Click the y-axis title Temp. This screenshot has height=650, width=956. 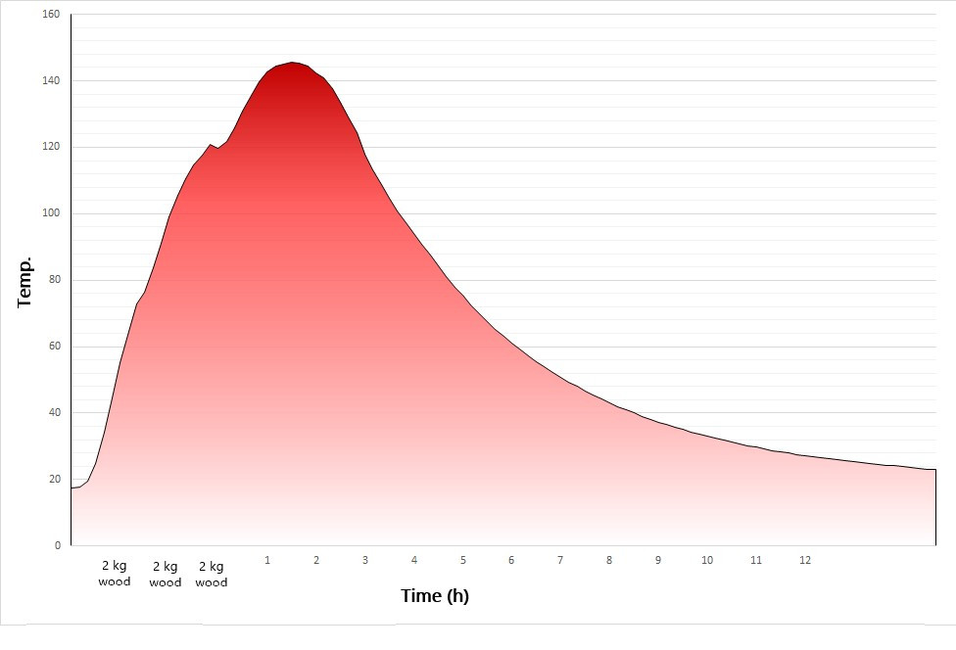pos(25,283)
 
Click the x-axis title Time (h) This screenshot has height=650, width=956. pos(435,595)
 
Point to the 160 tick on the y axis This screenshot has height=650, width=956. pos(51,15)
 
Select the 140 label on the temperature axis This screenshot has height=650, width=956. pos(51,81)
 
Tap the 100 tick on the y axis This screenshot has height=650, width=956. pos(51,213)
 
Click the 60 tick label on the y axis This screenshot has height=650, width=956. pos(54,347)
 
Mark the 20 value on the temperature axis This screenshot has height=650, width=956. pos(54,479)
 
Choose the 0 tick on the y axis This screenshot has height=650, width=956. pos(57,545)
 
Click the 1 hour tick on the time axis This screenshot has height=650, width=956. pos(267,560)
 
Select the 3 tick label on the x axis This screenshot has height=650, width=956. pos(365,560)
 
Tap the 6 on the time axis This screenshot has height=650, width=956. pos(511,560)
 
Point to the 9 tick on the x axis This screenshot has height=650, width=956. pos(658,560)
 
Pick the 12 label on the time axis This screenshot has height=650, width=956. pos(805,560)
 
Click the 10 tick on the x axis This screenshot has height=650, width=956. pos(707,560)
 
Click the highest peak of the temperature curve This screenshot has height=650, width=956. pos(292,63)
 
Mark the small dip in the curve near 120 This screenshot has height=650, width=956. pos(218,148)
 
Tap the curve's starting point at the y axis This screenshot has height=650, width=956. pos(72,487)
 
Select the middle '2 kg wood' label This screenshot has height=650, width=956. pos(166,574)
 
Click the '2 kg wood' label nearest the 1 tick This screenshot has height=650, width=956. pos(212,574)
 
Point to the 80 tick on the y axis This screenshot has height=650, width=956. pos(54,280)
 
